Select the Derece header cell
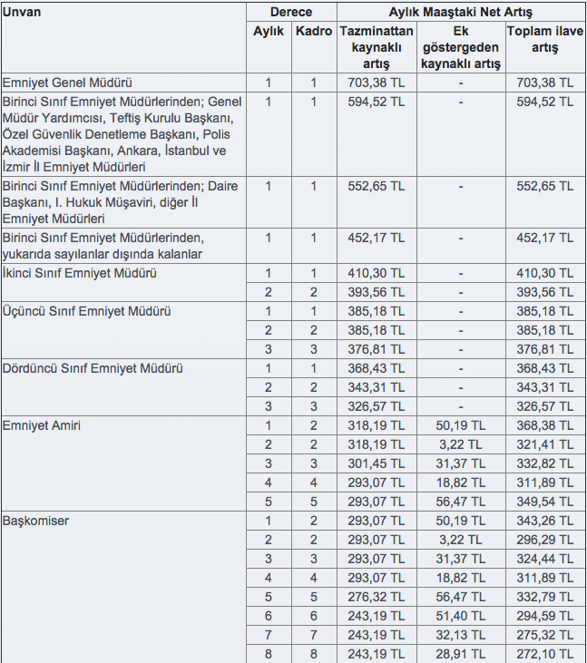[x=290, y=13]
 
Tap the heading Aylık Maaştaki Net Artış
[x=460, y=13]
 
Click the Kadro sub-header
[x=314, y=31]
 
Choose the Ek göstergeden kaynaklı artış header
[x=460, y=47]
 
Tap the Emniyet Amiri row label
[x=43, y=425]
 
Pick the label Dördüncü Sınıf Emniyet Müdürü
[x=93, y=368]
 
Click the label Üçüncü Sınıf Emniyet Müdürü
[x=86, y=311]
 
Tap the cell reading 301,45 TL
[x=377, y=463]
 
